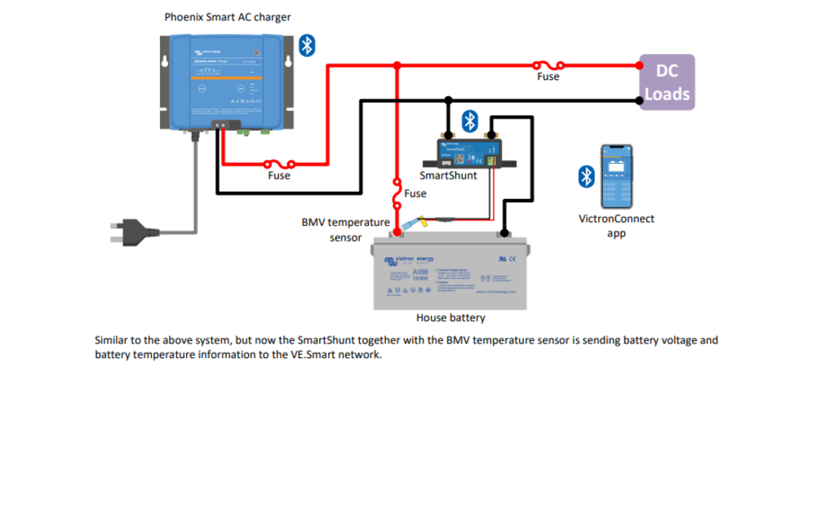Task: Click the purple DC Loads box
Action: point(667,82)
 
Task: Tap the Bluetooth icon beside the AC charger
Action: point(306,46)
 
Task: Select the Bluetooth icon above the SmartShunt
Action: point(469,122)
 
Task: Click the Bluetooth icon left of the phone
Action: point(586,176)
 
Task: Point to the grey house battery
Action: point(450,273)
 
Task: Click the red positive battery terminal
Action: point(397,232)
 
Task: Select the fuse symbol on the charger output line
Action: point(279,163)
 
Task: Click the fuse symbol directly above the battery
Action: point(397,193)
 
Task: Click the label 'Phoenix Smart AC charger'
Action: point(228,16)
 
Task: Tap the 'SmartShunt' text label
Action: point(448,175)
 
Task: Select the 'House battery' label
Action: point(450,318)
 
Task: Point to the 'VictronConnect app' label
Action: point(616,226)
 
